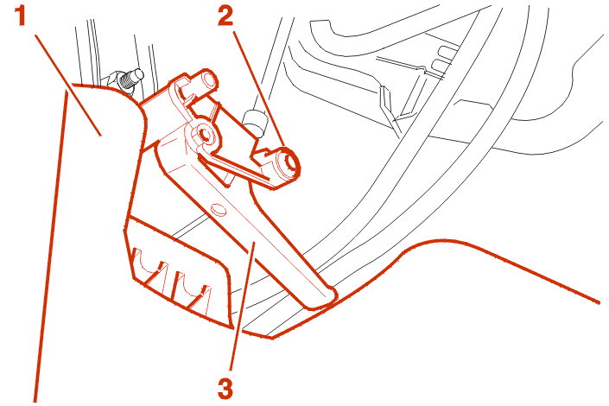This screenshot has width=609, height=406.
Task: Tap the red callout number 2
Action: click(x=225, y=16)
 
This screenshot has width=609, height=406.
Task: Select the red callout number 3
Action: click(x=225, y=387)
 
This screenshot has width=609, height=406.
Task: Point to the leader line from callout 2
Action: click(x=259, y=90)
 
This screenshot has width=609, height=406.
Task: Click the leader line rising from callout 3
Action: click(x=243, y=306)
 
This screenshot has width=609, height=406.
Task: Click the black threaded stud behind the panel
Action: click(x=128, y=79)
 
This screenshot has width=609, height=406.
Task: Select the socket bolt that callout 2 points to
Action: click(x=289, y=165)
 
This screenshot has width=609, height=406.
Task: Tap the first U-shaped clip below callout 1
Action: click(x=150, y=267)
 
